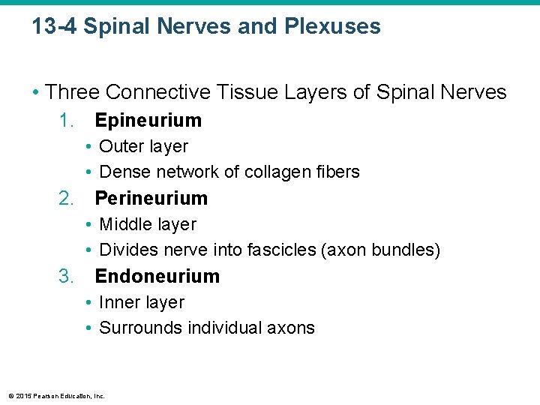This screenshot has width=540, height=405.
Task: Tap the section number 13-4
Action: (x=55, y=27)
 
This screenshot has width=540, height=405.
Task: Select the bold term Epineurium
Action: (x=148, y=120)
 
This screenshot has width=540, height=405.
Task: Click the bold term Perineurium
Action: (x=151, y=198)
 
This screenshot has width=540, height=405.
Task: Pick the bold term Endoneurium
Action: (x=157, y=276)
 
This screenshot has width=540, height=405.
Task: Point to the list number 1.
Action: (x=67, y=120)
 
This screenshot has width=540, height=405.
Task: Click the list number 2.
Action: (x=67, y=198)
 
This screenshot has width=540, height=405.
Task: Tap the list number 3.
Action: (x=67, y=276)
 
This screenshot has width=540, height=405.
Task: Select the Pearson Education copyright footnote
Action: (x=56, y=395)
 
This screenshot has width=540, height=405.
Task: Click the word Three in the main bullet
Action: (x=73, y=92)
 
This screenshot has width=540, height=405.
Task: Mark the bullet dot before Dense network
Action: (x=88, y=172)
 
